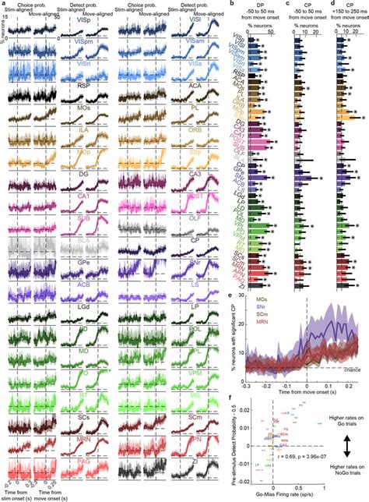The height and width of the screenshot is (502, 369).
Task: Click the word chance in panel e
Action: tap(341, 367)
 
